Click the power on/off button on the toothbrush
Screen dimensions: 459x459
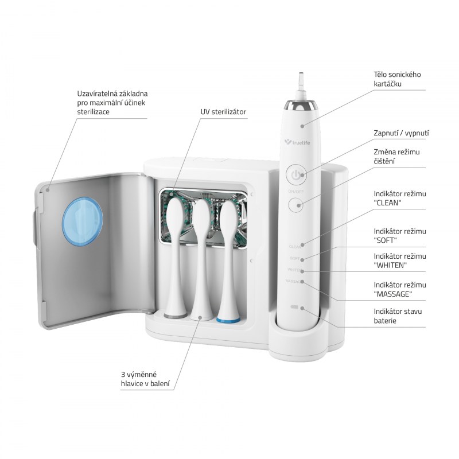(x=295, y=175)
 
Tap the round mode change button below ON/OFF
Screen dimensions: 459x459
(x=296, y=205)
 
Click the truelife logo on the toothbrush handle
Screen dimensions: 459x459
(x=297, y=142)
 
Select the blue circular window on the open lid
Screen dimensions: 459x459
(x=83, y=221)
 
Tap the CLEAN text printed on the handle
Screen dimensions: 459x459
(x=294, y=247)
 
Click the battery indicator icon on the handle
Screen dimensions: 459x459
(x=294, y=308)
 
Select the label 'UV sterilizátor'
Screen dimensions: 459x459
(x=223, y=112)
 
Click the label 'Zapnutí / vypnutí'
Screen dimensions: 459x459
(x=401, y=133)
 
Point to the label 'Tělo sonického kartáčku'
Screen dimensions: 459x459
(x=397, y=79)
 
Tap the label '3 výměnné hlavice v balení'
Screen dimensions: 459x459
(x=145, y=379)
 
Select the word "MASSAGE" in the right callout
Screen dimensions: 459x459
(x=393, y=294)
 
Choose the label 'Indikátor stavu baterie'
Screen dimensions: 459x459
(x=398, y=316)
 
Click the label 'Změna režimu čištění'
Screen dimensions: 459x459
(x=396, y=156)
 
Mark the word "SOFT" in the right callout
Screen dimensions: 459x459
(x=385, y=240)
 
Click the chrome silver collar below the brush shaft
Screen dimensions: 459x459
(x=301, y=104)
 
